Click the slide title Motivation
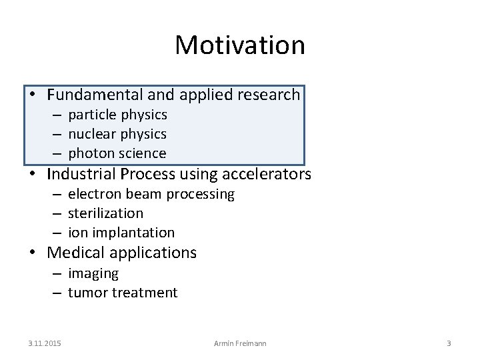pyautogui.click(x=240, y=45)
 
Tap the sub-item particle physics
pyautogui.click(x=117, y=115)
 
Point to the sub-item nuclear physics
pyautogui.click(x=117, y=134)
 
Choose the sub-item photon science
pyautogui.click(x=117, y=153)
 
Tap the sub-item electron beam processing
pyautogui.click(x=151, y=194)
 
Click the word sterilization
pyautogui.click(x=105, y=213)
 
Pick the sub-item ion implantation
pyautogui.click(x=121, y=233)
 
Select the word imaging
pyautogui.click(x=93, y=273)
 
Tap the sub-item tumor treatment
pyautogui.click(x=123, y=292)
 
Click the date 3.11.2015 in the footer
pyautogui.click(x=44, y=343)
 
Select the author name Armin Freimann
pyautogui.click(x=239, y=343)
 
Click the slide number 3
pyautogui.click(x=449, y=343)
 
